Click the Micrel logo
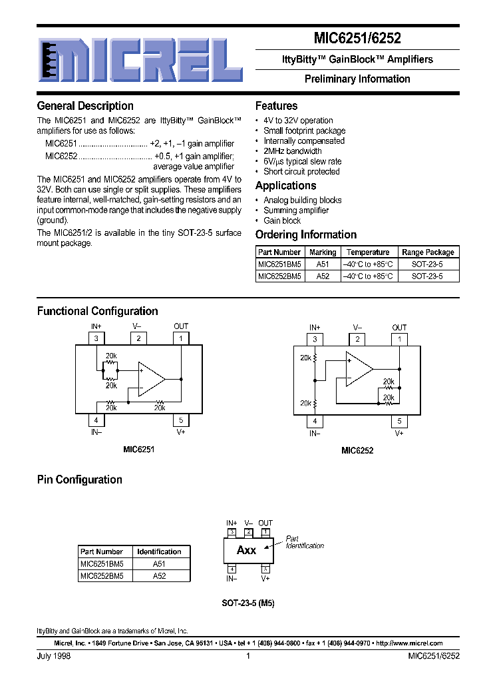pos(140,62)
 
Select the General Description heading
pos(85,106)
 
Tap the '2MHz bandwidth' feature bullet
pos(292,151)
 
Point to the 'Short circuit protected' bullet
pos(301,171)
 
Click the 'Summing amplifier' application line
pos(296,210)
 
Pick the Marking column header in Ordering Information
pos(323,252)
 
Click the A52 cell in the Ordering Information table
pos(323,275)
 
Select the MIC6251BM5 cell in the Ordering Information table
pos(279,264)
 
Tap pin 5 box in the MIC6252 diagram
pos(399,421)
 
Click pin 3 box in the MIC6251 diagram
pos(96,338)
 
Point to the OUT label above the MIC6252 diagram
pos(399,328)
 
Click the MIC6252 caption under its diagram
pos(357,451)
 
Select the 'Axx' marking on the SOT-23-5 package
pos(246,550)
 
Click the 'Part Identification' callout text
pos(305,542)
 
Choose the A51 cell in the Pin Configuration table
pos(159,563)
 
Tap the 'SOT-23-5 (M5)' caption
pos(248,603)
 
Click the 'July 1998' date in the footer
pos(53,656)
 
